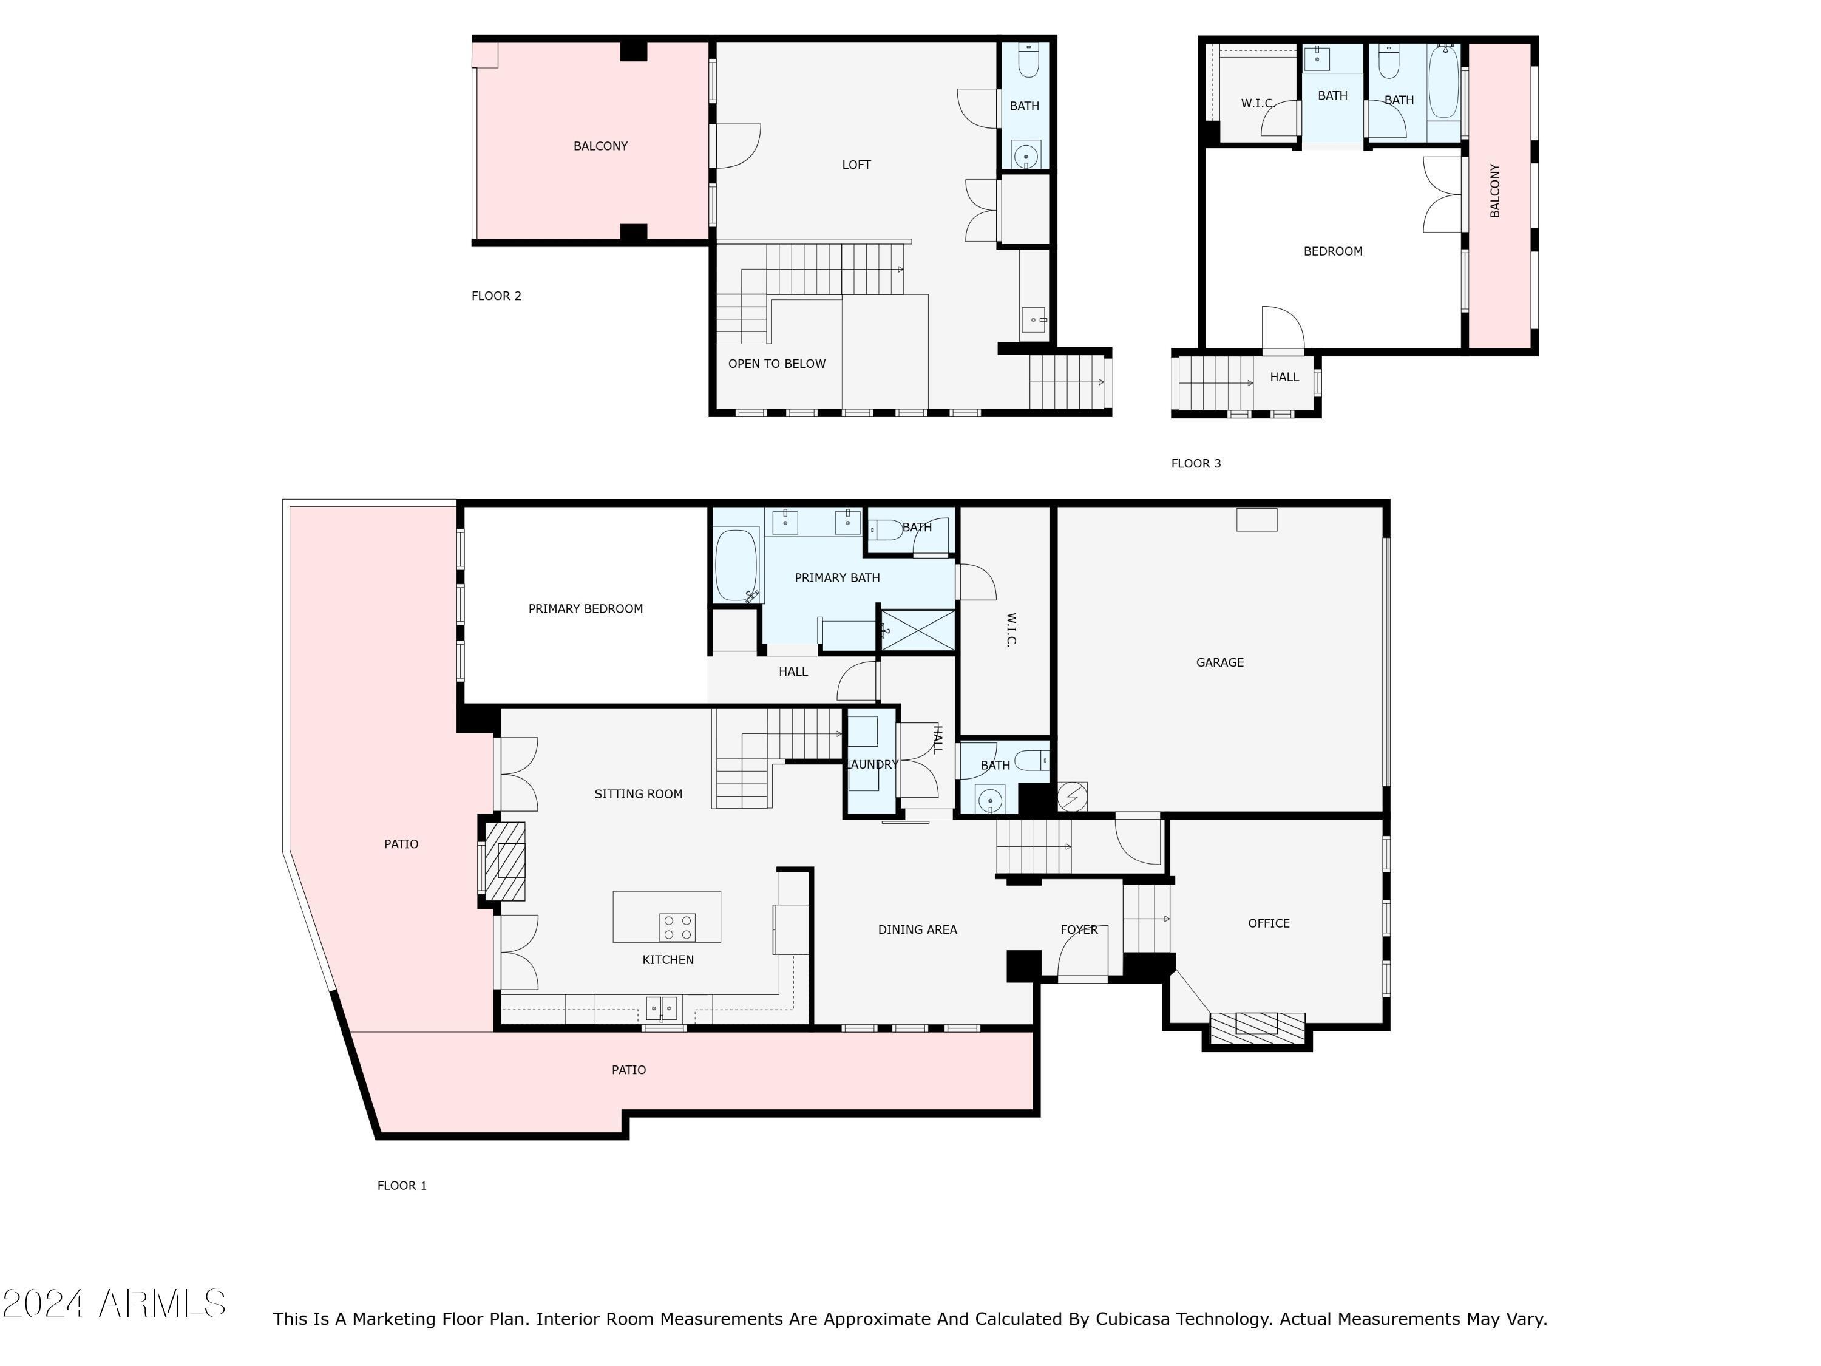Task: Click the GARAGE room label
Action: [1219, 662]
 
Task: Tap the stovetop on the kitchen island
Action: [677, 927]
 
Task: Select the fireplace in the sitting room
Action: [504, 860]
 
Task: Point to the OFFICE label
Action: [1268, 923]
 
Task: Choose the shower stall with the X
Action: [918, 631]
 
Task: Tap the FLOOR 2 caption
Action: [495, 296]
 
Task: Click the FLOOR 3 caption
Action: [1195, 464]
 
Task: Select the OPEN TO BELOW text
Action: [776, 364]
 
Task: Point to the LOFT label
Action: [855, 165]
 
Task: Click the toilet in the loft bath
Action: [1028, 61]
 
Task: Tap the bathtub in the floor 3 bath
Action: [1442, 84]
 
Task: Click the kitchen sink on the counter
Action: [661, 1007]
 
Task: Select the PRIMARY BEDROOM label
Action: [585, 608]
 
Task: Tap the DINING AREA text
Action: [917, 929]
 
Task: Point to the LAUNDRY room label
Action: [873, 764]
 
